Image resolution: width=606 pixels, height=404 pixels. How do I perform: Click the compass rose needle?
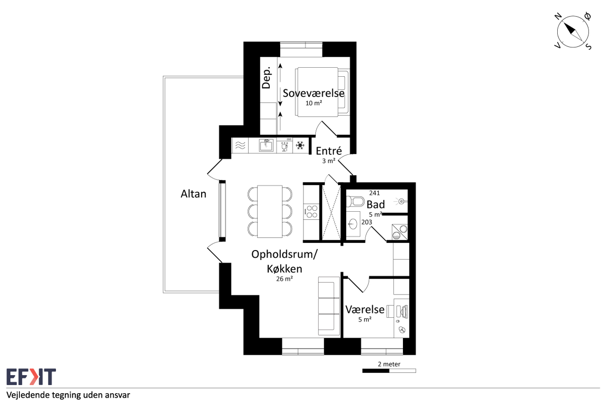[x=573, y=32]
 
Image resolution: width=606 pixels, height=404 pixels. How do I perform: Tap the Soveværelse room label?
[x=313, y=93]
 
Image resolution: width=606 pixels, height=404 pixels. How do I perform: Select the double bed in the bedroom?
[x=322, y=92]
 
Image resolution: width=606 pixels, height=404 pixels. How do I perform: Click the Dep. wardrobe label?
[x=266, y=78]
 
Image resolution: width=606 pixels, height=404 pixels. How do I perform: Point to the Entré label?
[x=329, y=151]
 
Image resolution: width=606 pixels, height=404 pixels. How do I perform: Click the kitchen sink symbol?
[x=266, y=145]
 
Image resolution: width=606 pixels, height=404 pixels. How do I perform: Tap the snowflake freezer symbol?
[x=300, y=145]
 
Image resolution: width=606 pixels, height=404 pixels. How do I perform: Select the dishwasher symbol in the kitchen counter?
[x=285, y=145]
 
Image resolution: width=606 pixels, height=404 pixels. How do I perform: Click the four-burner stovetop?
[x=312, y=212]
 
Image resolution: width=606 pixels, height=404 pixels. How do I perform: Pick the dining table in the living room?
[x=270, y=211]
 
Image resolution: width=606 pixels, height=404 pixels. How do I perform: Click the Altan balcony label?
[x=194, y=194]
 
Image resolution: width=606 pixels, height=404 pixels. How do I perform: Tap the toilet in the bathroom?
[x=355, y=201]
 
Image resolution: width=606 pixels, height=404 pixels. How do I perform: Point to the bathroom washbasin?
[x=353, y=224]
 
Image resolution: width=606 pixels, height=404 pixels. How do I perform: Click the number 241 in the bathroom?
[x=374, y=193]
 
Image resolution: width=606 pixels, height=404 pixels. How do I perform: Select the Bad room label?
[x=375, y=205]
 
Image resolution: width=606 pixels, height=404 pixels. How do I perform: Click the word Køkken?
[x=285, y=269]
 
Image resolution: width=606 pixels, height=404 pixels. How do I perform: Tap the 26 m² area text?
[x=285, y=278]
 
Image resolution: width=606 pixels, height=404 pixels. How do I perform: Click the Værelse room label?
[x=365, y=309]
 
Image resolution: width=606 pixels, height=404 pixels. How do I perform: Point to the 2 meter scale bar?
[x=389, y=371]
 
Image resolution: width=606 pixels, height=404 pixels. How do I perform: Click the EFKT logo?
[x=31, y=377]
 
